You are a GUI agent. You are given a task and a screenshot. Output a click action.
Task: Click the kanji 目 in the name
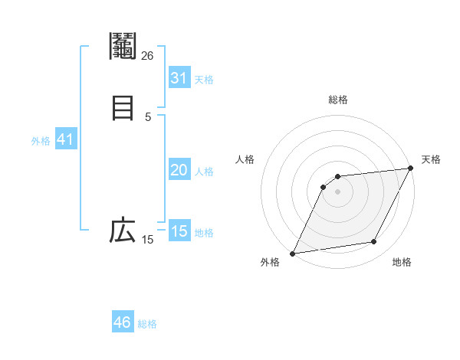point(123,107)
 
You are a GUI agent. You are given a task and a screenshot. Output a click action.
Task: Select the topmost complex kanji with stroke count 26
point(123,47)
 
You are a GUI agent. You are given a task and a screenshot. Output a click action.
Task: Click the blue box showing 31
point(179,78)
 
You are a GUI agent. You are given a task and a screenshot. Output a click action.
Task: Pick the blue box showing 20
point(179,171)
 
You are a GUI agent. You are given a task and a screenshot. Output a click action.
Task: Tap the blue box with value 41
point(65,140)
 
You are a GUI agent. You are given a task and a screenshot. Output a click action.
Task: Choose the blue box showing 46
point(123,322)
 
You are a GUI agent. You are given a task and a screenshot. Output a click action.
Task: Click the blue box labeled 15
point(179,231)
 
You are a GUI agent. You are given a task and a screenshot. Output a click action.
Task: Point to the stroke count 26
point(147,55)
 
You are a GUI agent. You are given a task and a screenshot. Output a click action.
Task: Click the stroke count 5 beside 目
point(148,116)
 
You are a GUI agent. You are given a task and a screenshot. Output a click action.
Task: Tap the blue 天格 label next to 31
point(204,80)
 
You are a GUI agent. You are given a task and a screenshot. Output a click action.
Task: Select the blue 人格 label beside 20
point(204,172)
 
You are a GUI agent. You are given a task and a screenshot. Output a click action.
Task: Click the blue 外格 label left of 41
point(41,141)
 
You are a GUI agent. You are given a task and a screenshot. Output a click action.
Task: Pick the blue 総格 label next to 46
point(147,324)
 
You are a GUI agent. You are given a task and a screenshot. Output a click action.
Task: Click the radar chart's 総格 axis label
point(338,100)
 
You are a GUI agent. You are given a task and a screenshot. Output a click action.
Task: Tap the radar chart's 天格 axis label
point(431,159)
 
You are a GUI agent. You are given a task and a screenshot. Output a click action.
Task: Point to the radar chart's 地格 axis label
point(402,263)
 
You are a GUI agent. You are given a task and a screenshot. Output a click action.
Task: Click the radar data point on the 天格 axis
point(411,169)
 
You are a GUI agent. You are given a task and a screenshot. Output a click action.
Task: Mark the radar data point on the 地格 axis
point(374,242)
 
